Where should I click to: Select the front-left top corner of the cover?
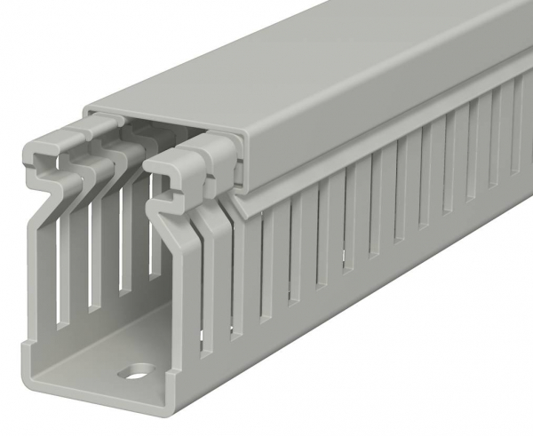pos(90,109)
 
